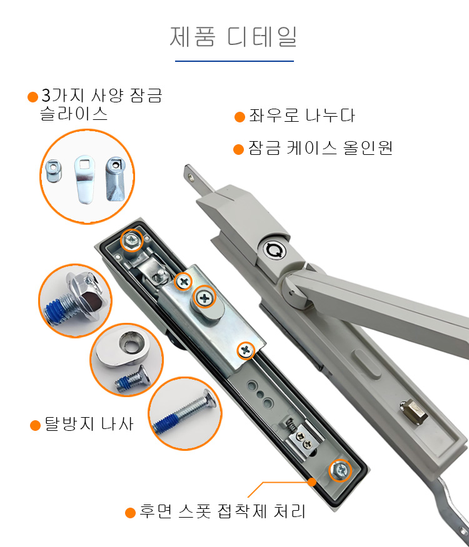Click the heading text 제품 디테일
point(233,37)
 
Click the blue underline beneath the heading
point(234,61)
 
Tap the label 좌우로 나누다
point(301,116)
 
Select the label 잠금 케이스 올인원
point(320,148)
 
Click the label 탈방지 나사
point(89,424)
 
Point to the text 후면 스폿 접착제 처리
point(222,511)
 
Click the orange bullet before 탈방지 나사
point(35,426)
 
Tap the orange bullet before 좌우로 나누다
point(240,117)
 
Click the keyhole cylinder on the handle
point(275,250)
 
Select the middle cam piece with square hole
point(84,179)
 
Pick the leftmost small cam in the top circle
point(54,170)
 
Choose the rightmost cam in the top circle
point(115,179)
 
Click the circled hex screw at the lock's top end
point(132,240)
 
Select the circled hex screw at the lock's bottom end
point(340,470)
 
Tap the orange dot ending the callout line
point(312,482)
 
